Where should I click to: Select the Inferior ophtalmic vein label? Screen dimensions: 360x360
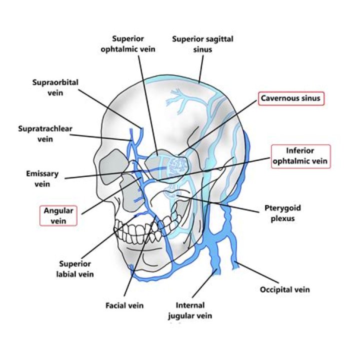tap(300, 155)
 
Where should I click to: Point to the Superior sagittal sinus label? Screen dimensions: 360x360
tap(196, 43)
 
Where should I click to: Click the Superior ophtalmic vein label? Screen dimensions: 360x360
tap(134, 43)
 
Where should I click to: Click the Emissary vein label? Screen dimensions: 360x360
tap(42, 179)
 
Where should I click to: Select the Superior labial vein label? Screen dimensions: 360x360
tap(76, 269)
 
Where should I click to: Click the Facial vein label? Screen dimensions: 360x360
tap(124, 305)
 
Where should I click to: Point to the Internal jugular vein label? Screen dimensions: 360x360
tap(194, 310)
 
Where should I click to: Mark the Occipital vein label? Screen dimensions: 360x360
tap(285, 289)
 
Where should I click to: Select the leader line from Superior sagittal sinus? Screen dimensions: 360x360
tap(201, 67)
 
